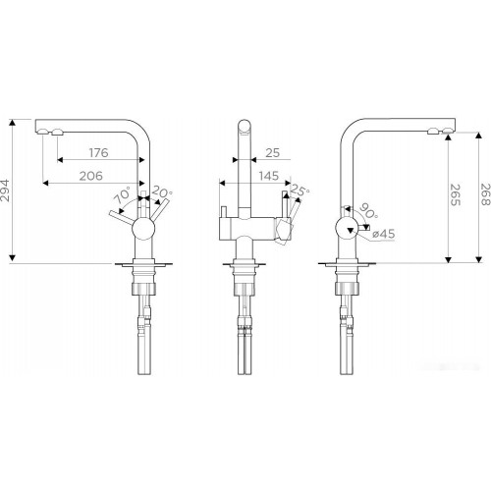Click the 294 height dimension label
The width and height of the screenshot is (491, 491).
pyautogui.click(x=6, y=191)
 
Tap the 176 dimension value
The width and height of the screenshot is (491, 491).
pyautogui.click(x=98, y=152)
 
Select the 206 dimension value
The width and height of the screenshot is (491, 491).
pyautogui.click(x=91, y=176)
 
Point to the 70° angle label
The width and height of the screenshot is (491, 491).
pyautogui.click(x=122, y=195)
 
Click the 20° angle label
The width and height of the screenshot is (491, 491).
pyautogui.click(x=162, y=192)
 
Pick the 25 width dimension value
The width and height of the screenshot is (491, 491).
pyautogui.click(x=272, y=152)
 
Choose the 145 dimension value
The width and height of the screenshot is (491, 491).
pyautogui.click(x=268, y=176)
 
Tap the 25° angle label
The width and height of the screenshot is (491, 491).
pyautogui.click(x=300, y=191)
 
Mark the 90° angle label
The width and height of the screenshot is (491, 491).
pyautogui.click(x=368, y=211)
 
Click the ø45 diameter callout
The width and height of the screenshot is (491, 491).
pyautogui.click(x=384, y=234)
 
